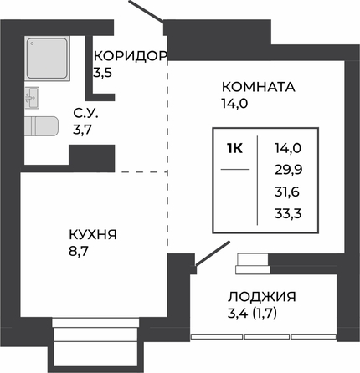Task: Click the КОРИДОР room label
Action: click(131, 56)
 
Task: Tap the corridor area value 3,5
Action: click(102, 73)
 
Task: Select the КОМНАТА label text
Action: click(259, 87)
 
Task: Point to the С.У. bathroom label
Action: click(85, 114)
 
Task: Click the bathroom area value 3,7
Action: click(83, 130)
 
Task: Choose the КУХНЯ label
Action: click(93, 235)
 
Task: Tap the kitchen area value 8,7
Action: click(79, 252)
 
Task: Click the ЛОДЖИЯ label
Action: click(262, 297)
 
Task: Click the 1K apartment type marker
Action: click(235, 149)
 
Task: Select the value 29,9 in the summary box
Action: click(289, 170)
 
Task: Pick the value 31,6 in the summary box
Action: click(287, 192)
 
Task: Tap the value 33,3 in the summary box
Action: click(288, 214)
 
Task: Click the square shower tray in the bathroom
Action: click(47, 59)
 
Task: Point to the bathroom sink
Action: click(32, 98)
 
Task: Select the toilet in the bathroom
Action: click(41, 126)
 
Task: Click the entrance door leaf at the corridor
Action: click(147, 11)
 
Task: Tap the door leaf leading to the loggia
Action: click(213, 253)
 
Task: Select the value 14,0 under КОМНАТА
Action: click(234, 104)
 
